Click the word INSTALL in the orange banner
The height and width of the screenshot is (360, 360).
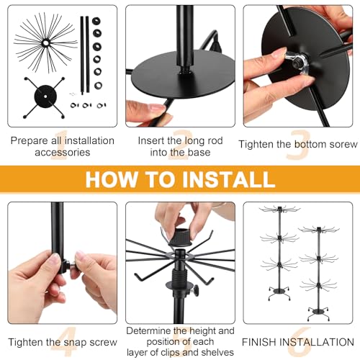point(229,179)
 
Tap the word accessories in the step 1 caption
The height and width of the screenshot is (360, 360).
point(63,153)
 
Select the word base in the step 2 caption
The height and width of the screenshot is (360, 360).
point(199,153)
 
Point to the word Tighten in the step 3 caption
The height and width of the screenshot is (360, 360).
point(256,144)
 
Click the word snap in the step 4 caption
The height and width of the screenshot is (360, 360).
point(77,343)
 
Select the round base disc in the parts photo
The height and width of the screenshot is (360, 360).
point(45,96)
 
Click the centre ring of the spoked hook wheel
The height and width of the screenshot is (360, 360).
point(45,43)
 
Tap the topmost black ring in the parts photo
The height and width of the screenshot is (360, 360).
point(96,21)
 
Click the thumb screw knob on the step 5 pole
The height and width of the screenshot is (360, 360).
point(196,290)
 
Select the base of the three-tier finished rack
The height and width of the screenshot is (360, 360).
point(279,292)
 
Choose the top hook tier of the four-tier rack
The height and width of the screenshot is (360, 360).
point(319,230)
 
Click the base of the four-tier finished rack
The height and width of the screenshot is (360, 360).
point(319,313)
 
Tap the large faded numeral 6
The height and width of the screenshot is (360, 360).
point(299,342)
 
